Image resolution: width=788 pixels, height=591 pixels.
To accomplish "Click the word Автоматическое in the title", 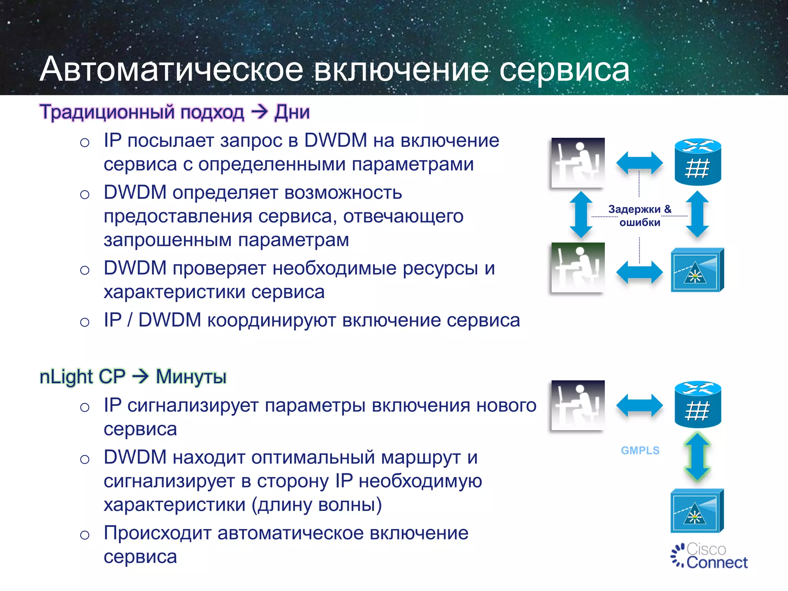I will click(x=172, y=69).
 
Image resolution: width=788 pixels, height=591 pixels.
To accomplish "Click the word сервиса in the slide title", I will click(x=564, y=70).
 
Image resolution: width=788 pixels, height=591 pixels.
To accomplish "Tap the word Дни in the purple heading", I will click(x=292, y=112).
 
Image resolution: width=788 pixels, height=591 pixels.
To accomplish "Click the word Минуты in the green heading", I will click(x=191, y=376).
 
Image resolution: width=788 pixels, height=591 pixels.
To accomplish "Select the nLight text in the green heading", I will click(x=66, y=376).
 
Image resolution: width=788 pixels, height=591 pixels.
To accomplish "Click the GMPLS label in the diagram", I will click(x=640, y=450).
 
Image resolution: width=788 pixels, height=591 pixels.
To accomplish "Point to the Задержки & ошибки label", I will click(x=639, y=216).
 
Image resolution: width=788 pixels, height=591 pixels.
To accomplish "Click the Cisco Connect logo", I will click(x=709, y=556).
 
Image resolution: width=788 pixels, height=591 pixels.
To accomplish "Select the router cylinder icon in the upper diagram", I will click(x=698, y=162).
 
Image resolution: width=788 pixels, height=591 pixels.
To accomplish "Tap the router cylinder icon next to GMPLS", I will click(x=698, y=404).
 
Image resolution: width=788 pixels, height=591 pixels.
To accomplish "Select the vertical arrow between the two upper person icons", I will click(x=581, y=215).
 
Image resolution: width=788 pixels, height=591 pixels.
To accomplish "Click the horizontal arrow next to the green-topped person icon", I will click(x=639, y=272).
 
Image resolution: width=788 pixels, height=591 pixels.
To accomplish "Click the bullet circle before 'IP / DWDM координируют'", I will click(x=85, y=322).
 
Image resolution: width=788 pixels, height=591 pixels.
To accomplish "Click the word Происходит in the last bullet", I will click(x=157, y=533).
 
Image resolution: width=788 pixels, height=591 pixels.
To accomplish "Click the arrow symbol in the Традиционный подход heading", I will click(x=259, y=112).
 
